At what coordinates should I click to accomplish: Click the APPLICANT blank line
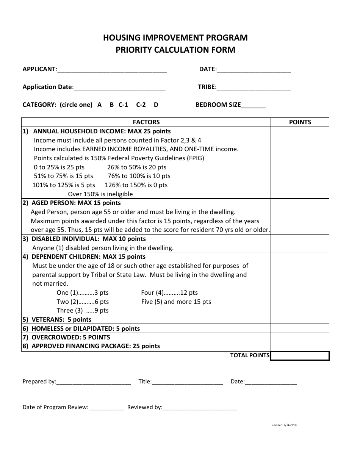(112, 70)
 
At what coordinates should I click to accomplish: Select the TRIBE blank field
(254, 88)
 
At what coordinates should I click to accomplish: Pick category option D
(156, 105)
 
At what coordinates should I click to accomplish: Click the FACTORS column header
(146, 122)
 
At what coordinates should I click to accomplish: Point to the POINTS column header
(300, 122)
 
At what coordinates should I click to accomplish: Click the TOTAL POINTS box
(300, 355)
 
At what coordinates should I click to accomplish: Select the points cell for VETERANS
(300, 319)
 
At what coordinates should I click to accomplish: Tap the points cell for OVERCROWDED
(300, 337)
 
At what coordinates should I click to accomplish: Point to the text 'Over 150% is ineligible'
(100, 194)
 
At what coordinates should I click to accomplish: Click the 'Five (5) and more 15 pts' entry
(176, 302)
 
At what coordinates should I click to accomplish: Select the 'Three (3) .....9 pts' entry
(83, 310)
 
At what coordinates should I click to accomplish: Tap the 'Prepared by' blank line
(94, 382)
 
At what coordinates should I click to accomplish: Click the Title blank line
(187, 382)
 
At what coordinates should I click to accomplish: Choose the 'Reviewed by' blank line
(200, 408)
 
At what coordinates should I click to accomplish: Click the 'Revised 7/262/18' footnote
(284, 425)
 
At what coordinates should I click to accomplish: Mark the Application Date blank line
(119, 88)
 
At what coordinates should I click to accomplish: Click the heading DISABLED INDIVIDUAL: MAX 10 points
(89, 239)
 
